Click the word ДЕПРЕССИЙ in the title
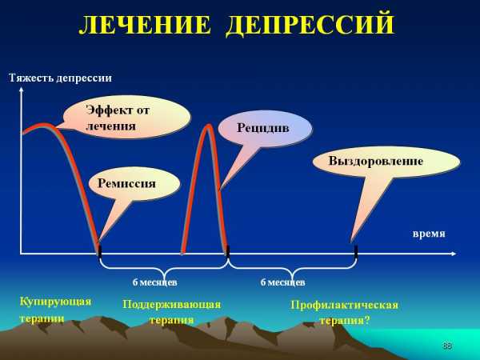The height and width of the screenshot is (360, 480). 310,23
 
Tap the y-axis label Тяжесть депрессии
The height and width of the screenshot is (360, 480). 60,78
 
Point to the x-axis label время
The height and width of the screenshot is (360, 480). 429,234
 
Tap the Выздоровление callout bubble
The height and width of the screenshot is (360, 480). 386,162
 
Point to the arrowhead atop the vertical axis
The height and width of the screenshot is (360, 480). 21,89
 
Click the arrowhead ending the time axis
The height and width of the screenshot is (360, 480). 453,254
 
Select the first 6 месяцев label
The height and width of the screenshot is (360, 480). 154,282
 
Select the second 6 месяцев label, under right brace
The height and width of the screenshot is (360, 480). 282,282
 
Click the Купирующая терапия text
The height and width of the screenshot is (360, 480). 55,310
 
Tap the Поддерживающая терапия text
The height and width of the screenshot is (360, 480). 171,312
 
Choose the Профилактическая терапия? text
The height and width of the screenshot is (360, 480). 344,313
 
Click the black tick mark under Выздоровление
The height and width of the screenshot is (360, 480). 356,250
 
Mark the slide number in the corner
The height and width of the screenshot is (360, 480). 446,346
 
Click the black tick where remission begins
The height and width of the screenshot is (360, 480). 99,250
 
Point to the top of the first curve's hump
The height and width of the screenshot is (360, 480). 44,125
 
